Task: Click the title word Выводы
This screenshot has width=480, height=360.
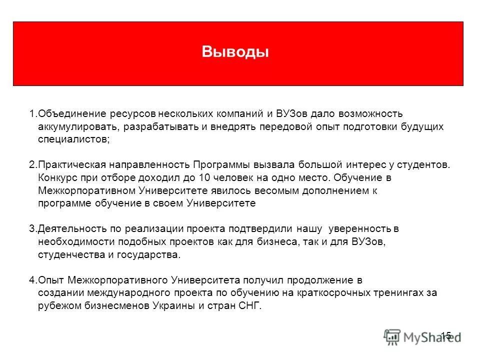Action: [235, 52]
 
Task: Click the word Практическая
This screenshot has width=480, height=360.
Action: [67, 164]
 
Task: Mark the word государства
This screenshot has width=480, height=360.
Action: [152, 254]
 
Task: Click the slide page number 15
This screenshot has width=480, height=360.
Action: [446, 335]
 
